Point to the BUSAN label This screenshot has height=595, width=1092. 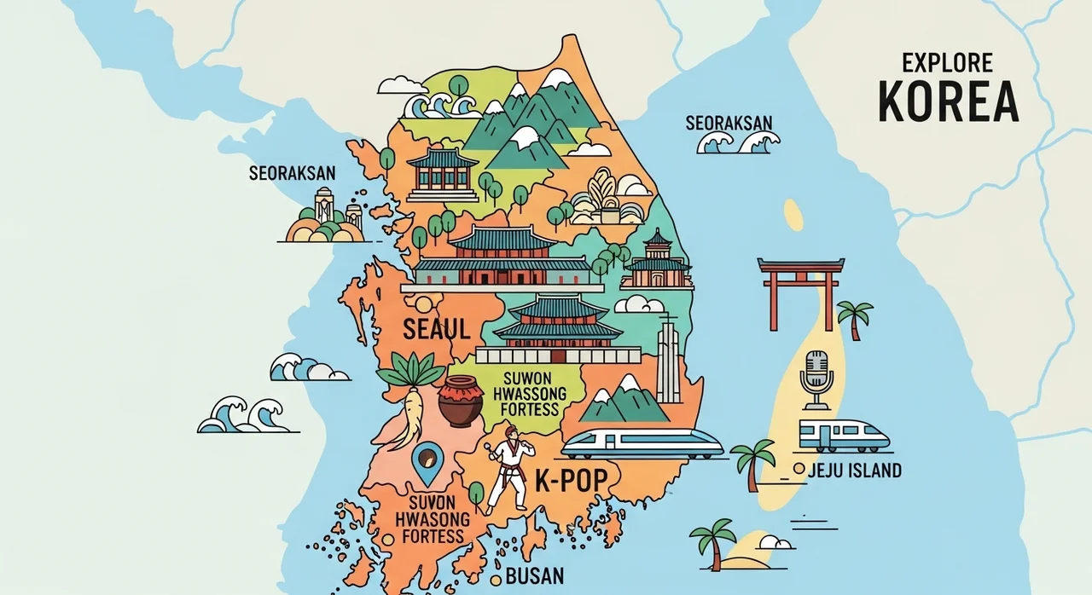pyautogui.click(x=535, y=575)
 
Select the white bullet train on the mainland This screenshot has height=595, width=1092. pyautogui.click(x=642, y=443)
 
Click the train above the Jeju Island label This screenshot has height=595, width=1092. pyautogui.click(x=844, y=435)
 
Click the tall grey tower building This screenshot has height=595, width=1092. pyautogui.click(x=668, y=362)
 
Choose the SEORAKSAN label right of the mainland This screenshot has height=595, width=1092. pyautogui.click(x=729, y=124)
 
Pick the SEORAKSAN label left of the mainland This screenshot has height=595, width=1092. pyautogui.click(x=292, y=173)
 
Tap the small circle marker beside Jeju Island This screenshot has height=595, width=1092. pyautogui.click(x=799, y=469)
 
